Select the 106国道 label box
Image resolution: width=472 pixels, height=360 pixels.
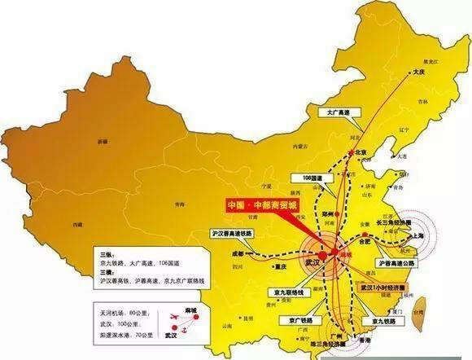(x=308, y=178)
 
